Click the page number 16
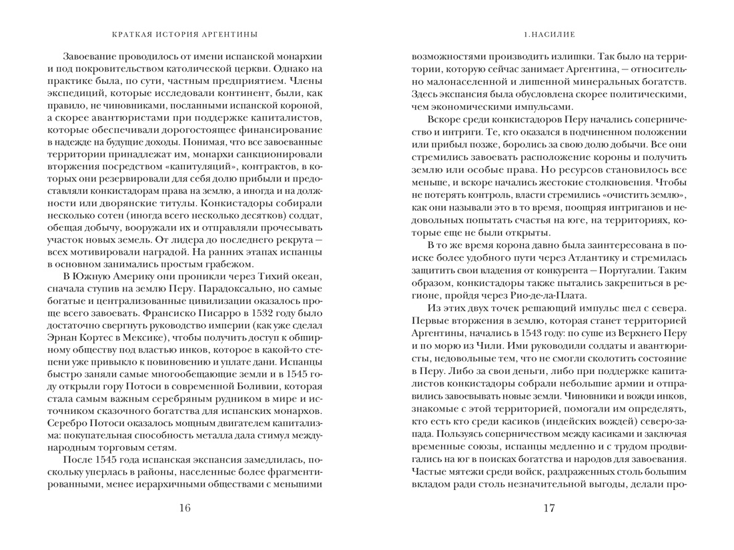point(185,509)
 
